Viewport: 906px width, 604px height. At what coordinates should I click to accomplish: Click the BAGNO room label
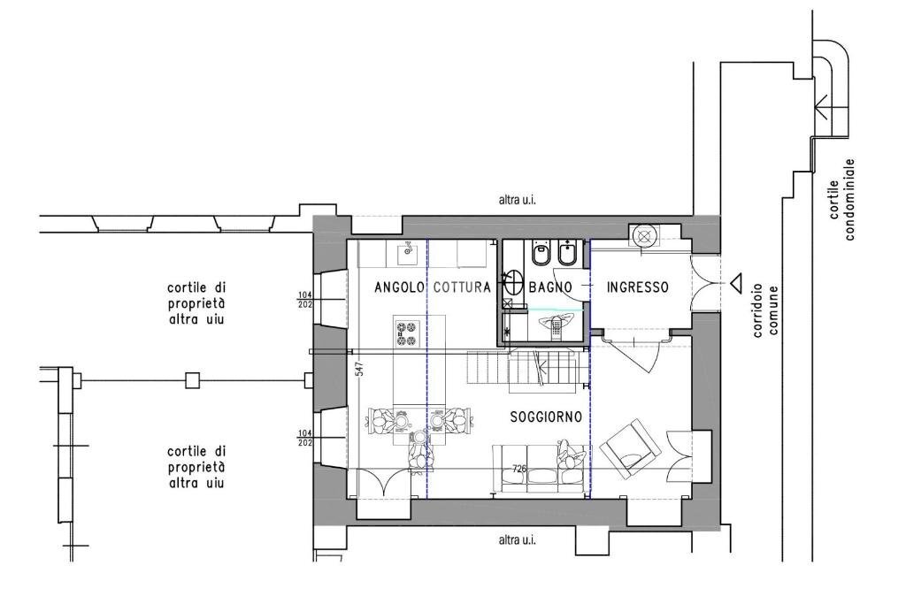[550, 287]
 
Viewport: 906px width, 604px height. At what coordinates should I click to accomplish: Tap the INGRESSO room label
[638, 287]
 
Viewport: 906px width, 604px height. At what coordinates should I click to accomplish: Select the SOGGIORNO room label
[546, 417]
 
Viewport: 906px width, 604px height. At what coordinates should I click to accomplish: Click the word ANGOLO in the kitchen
[399, 287]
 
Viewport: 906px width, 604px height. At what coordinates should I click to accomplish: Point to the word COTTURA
[462, 287]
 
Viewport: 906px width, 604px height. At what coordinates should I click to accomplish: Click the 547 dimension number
[360, 370]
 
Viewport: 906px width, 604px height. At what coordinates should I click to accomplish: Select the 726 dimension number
[519, 469]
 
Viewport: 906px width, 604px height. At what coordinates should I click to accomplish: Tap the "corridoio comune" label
[766, 310]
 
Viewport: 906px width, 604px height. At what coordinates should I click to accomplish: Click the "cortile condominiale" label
[842, 199]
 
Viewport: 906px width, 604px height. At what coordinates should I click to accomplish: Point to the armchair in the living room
[630, 448]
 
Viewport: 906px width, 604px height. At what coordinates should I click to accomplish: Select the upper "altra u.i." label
[517, 201]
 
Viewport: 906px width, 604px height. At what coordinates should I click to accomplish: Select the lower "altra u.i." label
[517, 540]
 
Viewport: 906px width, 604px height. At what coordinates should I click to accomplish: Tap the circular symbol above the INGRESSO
[643, 235]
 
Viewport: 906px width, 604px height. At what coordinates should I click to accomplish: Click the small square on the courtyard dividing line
[192, 380]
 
